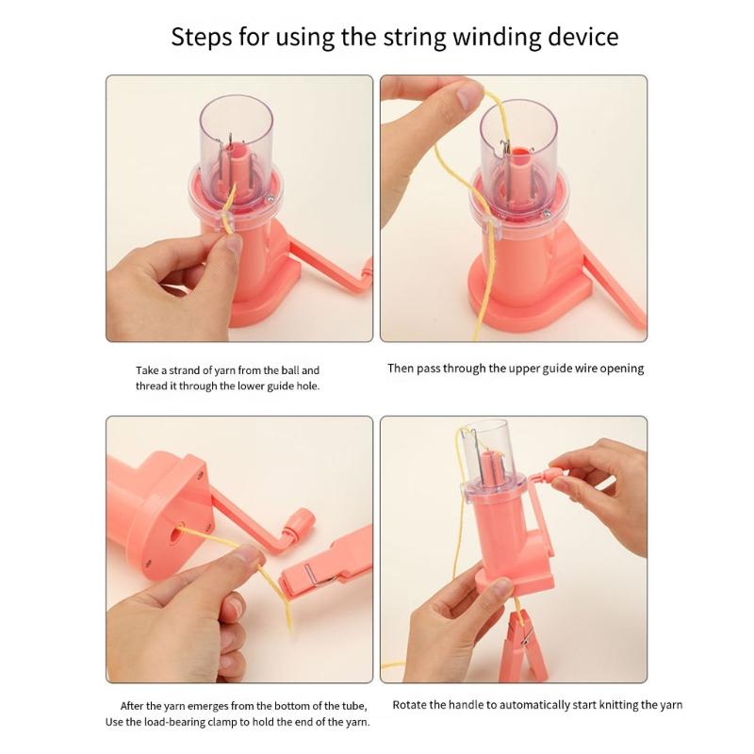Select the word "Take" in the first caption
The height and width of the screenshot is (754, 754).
click(148, 370)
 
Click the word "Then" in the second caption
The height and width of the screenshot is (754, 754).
click(402, 369)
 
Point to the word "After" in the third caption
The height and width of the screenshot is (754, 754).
click(135, 706)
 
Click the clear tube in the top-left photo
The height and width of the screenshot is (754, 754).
click(236, 132)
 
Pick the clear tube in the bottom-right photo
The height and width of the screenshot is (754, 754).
click(487, 448)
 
